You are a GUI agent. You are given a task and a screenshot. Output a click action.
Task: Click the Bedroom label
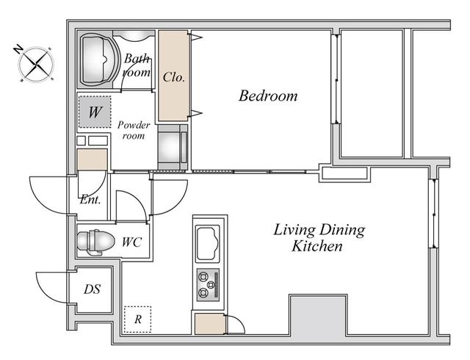click(x=268, y=96)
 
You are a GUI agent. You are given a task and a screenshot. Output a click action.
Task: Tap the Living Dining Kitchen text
click(x=319, y=238)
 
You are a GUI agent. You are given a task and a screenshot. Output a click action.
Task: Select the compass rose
click(x=36, y=64)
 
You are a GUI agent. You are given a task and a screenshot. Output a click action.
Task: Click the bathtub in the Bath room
click(x=98, y=60)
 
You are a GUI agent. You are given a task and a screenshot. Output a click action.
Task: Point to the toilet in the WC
click(x=95, y=242)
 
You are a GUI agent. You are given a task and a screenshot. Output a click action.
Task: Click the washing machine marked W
click(x=95, y=112)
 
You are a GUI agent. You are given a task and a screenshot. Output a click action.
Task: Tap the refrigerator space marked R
click(x=137, y=319)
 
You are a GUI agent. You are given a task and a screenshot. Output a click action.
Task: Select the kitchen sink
click(x=208, y=243)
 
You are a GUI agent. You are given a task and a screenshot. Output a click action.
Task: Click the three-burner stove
click(x=208, y=285)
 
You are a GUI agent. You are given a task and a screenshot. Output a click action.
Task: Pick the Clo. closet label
click(x=174, y=77)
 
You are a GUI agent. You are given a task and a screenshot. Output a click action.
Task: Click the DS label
click(x=92, y=289)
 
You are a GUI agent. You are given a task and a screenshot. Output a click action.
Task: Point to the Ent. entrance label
click(x=90, y=200)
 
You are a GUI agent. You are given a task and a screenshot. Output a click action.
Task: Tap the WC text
click(x=131, y=242)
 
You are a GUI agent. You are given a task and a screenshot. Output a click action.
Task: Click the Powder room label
click(x=134, y=130)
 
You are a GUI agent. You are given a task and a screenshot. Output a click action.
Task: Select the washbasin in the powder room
click(x=170, y=147)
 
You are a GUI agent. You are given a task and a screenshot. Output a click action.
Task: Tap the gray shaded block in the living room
click(x=318, y=316)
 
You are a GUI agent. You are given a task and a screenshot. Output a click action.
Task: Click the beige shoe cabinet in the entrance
click(x=93, y=159)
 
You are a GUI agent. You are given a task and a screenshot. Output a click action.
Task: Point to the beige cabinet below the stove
click(x=209, y=324)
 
